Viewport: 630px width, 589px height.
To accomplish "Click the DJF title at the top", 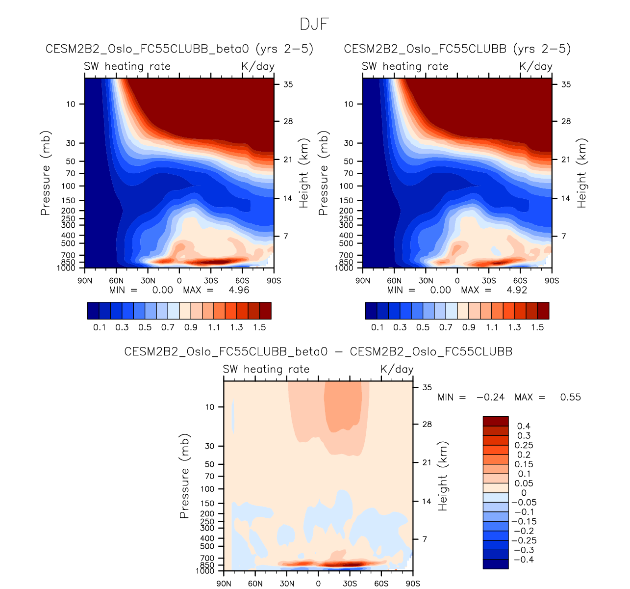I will pyautogui.click(x=314, y=24).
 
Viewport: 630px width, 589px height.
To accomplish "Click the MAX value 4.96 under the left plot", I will pyautogui.click(x=239, y=290).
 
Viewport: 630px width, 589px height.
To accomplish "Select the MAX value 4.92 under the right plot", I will pyautogui.click(x=517, y=290).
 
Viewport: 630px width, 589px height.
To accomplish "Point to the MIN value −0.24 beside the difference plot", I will pyautogui.click(x=490, y=397).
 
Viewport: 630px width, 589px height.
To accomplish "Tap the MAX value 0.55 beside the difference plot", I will pyautogui.click(x=570, y=397).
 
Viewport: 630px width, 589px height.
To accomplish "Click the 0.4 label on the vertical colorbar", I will pyautogui.click(x=523, y=426).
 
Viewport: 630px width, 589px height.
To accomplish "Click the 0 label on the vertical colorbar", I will pyautogui.click(x=523, y=493).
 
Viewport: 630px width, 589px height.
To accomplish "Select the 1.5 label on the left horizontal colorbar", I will pyautogui.click(x=259, y=327).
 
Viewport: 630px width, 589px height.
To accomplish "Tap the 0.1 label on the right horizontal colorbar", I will pyautogui.click(x=377, y=327).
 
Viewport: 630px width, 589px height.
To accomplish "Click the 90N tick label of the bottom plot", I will pyautogui.click(x=224, y=584).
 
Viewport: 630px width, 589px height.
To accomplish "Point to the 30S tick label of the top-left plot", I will pyautogui.click(x=211, y=281).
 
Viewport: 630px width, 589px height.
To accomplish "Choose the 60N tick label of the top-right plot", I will pyautogui.click(x=394, y=281).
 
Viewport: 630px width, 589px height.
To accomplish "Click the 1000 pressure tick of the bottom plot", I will pyautogui.click(x=206, y=571).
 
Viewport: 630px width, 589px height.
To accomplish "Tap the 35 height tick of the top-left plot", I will pyautogui.click(x=288, y=84).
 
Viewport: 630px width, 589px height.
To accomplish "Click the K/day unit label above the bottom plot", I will pyautogui.click(x=397, y=369).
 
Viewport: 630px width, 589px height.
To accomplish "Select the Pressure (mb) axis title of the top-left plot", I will pyautogui.click(x=46, y=173).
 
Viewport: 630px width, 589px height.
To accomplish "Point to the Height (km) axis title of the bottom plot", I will pyautogui.click(x=443, y=476).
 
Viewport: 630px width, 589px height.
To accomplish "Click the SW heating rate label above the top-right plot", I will pyautogui.click(x=405, y=66).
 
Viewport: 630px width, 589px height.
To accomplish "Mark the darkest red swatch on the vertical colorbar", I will pyautogui.click(x=495, y=421).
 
